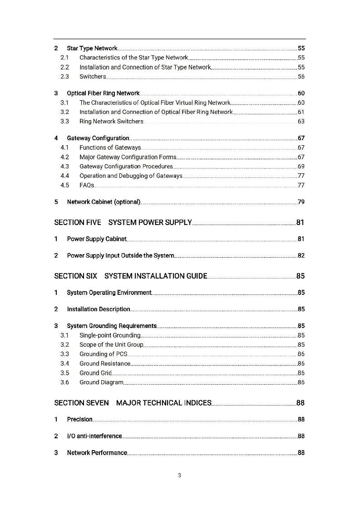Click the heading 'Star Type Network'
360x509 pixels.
(92, 48)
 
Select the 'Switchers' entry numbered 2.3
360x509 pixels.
(93, 77)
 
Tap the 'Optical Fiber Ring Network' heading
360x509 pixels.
(103, 93)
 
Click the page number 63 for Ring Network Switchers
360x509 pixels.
(301, 122)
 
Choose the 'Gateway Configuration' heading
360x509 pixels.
(98, 138)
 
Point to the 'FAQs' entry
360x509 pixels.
(87, 185)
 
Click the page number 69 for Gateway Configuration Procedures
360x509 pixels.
(301, 166)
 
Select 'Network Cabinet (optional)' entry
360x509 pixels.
(104, 202)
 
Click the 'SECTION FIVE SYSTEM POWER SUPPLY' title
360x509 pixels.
(123, 222)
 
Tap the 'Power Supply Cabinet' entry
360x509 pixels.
(96, 239)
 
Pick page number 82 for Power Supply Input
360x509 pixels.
(301, 256)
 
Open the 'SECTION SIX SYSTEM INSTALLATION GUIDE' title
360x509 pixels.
(130, 276)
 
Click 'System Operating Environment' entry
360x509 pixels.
(109, 293)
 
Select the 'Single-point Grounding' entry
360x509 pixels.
(110, 336)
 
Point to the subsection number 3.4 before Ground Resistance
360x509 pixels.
(64, 364)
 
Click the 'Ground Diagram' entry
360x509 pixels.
(101, 382)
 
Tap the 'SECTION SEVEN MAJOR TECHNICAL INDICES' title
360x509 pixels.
(133, 403)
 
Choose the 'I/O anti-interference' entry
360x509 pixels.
(94, 436)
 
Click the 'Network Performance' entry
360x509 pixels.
(97, 453)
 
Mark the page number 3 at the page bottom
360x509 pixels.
(180, 476)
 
